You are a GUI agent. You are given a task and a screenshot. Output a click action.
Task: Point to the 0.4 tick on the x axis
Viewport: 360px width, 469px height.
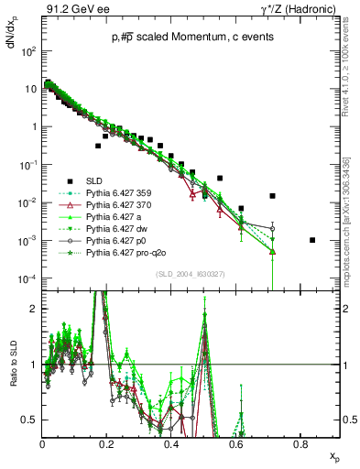pyautogui.click(x=171, y=444)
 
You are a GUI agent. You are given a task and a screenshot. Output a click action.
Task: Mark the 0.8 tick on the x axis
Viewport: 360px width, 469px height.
pyautogui.click(x=300, y=444)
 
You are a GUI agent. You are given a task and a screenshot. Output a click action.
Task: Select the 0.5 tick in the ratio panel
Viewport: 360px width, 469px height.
pyautogui.click(x=32, y=420)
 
